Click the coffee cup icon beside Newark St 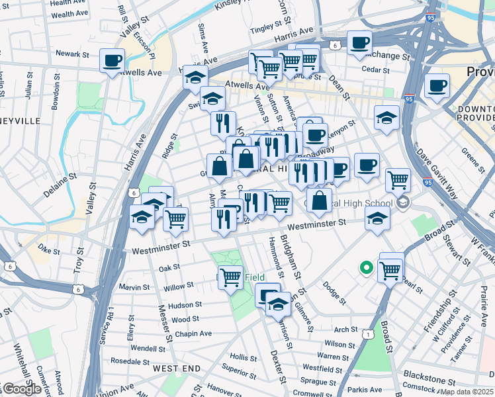coord(111,61)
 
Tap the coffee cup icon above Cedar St coord(359,43)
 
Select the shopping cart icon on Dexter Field coord(230,277)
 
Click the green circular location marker coord(365,268)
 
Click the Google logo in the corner coord(21,389)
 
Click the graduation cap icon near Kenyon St coord(386,118)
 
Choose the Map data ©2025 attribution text coord(467,392)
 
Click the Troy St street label coord(79,256)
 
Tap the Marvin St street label coord(134,287)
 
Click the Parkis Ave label coord(366,390)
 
